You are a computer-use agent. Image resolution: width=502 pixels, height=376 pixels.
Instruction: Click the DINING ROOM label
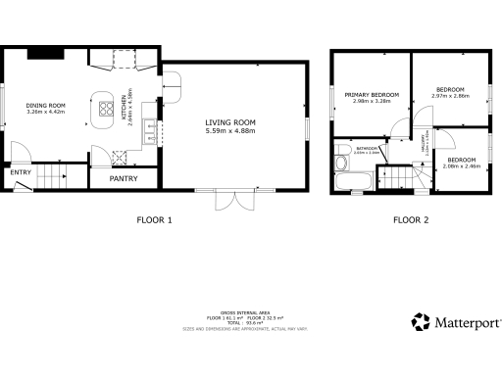point(45,105)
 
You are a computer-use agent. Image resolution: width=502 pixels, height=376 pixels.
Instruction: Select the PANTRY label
point(124,178)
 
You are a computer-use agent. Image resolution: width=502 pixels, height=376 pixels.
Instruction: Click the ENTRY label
point(20,173)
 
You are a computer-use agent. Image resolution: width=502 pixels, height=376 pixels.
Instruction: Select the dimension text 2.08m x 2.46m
point(462,166)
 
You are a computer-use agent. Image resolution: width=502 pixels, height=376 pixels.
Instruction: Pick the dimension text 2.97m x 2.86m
point(450,97)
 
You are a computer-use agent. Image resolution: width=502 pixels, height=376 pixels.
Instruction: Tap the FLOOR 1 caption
point(154,220)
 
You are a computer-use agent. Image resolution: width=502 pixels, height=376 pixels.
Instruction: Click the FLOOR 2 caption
point(411,220)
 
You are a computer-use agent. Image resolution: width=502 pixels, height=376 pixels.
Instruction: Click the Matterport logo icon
point(421,322)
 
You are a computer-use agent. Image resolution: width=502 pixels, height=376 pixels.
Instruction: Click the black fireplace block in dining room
point(44,54)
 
